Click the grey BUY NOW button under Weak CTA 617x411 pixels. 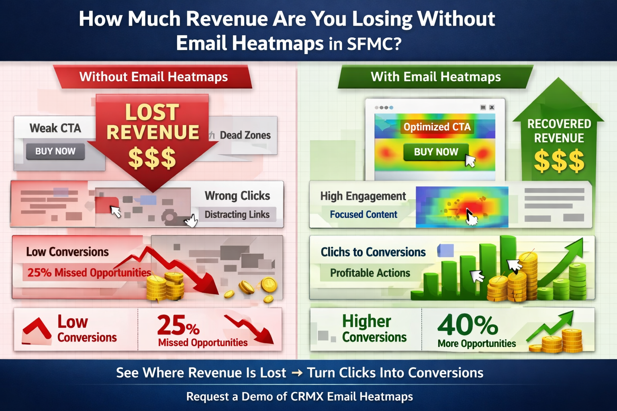55,151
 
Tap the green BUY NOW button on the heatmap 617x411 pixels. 436,152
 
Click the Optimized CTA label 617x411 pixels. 437,127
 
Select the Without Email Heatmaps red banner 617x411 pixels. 153,77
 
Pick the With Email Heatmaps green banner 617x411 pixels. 436,77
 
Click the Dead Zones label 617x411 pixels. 245,135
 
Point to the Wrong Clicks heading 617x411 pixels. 237,195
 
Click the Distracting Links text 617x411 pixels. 237,214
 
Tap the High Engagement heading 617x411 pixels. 363,196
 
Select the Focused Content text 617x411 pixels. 364,214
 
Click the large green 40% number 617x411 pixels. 468,325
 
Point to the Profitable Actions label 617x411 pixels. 370,273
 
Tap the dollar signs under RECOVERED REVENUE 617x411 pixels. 559,161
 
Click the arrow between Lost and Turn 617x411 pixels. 297,373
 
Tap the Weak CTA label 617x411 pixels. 55,128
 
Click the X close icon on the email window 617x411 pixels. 492,108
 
